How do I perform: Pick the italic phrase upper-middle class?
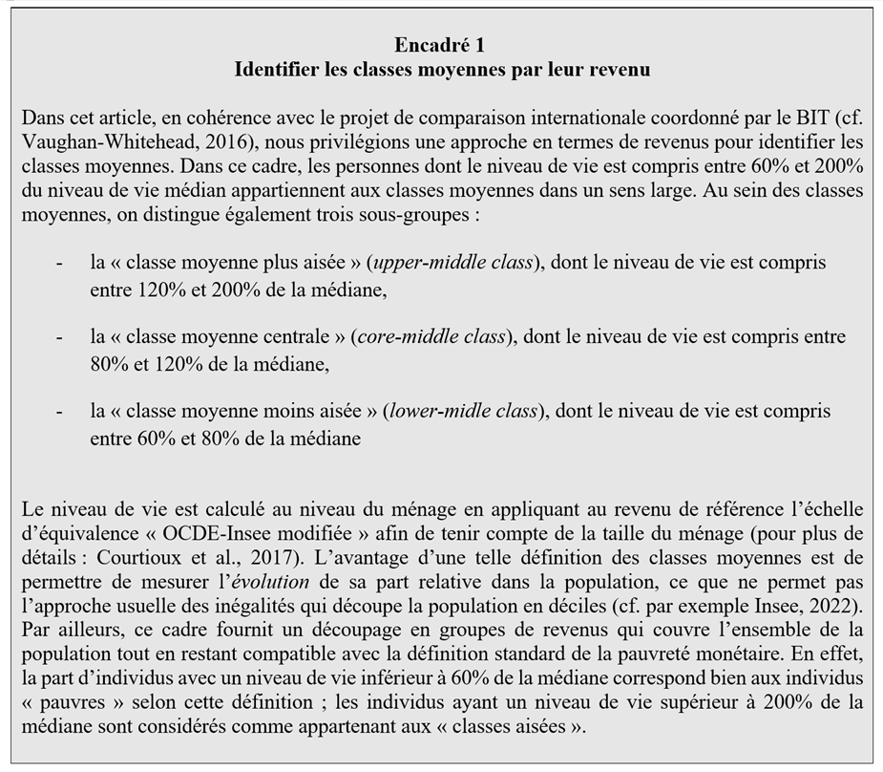point(452,263)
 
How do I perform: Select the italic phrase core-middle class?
point(431,337)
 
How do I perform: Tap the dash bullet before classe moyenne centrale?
point(60,337)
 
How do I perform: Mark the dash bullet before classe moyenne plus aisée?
point(60,263)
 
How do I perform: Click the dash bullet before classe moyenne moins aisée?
point(60,412)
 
